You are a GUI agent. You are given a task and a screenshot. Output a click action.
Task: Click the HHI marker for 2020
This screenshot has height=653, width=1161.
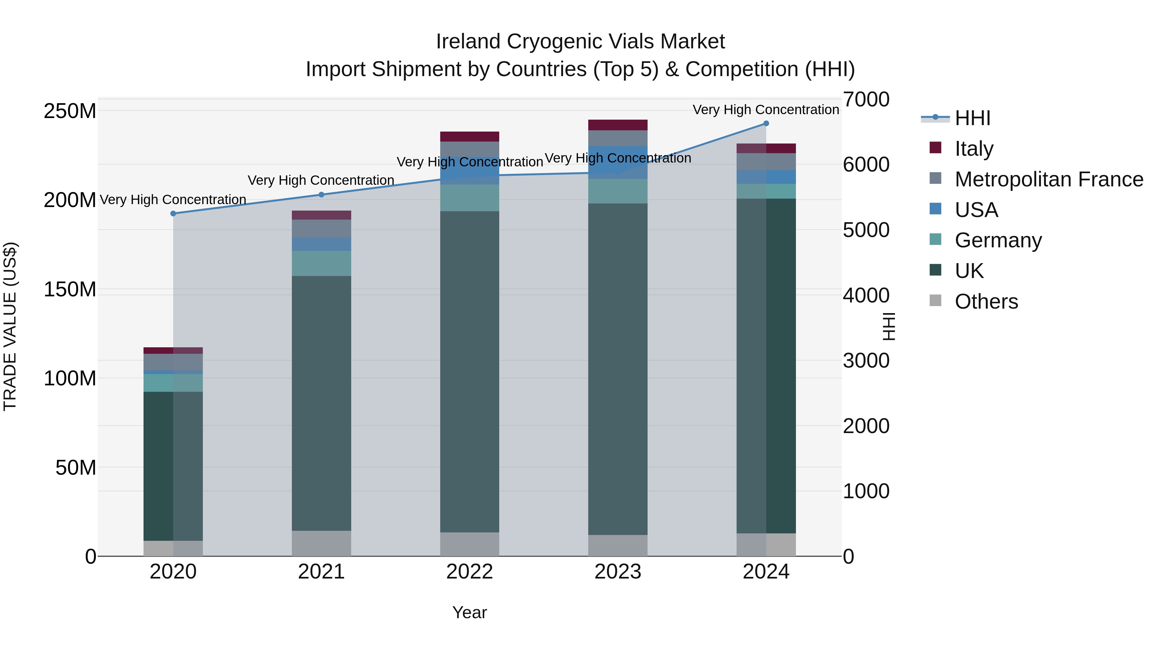click(x=173, y=213)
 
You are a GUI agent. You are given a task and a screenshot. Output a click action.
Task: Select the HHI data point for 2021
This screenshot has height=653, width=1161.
click(x=321, y=195)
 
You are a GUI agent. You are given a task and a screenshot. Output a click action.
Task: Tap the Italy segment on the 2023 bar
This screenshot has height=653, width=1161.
click(x=618, y=125)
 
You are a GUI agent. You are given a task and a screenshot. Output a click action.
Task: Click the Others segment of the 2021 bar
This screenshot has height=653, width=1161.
click(x=321, y=543)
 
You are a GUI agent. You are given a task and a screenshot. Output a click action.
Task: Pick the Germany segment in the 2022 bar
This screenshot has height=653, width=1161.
click(x=469, y=198)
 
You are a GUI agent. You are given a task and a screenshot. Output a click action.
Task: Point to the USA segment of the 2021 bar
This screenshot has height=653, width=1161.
click(x=321, y=244)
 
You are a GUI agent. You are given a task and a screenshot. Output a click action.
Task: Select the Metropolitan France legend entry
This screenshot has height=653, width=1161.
click(x=1049, y=179)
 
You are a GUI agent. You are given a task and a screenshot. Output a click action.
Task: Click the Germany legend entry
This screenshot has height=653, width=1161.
click(x=998, y=240)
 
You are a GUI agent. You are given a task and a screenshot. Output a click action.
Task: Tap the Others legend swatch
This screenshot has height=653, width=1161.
click(x=935, y=301)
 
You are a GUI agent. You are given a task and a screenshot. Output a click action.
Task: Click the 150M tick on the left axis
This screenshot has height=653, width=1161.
click(x=70, y=289)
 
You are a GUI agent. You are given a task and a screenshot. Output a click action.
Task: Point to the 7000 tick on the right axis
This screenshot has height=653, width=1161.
click(x=866, y=100)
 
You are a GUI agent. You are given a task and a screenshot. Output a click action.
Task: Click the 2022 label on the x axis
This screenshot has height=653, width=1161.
click(x=469, y=572)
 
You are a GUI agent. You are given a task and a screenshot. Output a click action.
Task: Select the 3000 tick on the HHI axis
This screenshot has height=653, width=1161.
click(x=866, y=361)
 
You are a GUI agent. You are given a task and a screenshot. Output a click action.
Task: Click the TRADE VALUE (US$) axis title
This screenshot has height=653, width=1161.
click(x=10, y=326)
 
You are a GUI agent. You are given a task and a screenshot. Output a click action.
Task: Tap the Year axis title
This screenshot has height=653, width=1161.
click(x=469, y=612)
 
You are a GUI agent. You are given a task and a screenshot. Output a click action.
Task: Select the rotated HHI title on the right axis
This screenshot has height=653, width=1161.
click(x=888, y=326)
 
